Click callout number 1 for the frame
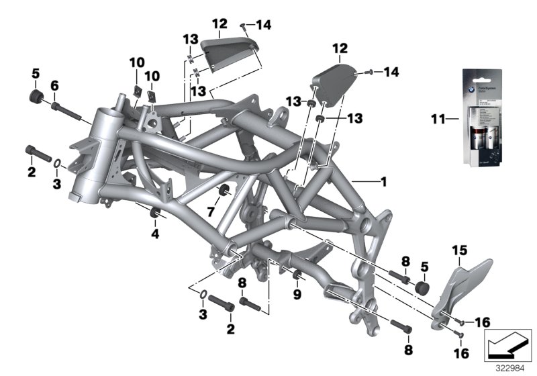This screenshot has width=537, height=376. (383, 181)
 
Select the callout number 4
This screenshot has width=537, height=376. (156, 234)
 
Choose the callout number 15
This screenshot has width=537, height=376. (458, 252)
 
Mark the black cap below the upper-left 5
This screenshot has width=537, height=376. (34, 98)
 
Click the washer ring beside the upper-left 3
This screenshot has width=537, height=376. (58, 162)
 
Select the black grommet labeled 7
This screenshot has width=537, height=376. (226, 187)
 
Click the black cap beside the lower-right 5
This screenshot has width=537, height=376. (422, 287)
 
